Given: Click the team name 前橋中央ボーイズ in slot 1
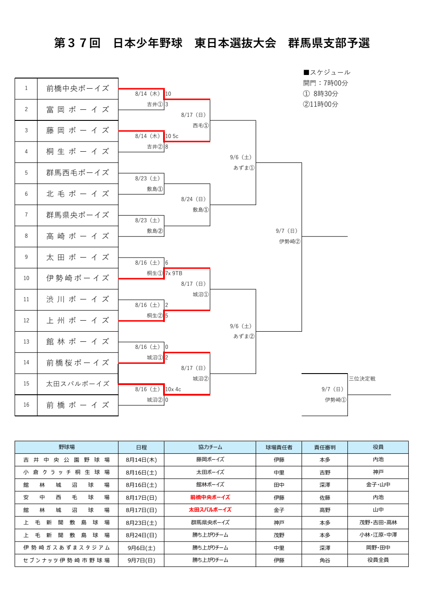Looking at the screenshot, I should (x=78, y=89).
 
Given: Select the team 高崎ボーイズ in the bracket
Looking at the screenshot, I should (x=78, y=236).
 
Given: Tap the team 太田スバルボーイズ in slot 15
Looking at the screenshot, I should (x=78, y=384).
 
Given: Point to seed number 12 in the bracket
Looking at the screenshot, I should (x=26, y=321).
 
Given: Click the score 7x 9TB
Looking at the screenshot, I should (x=174, y=273).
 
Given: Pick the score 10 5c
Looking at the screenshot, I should (x=172, y=136).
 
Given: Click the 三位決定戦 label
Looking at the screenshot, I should (x=362, y=379).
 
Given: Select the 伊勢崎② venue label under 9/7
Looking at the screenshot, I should (x=290, y=242).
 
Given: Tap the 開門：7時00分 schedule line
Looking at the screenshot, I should (x=325, y=83).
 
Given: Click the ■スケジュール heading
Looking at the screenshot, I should (x=327, y=72).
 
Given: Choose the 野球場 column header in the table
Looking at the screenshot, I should (x=67, y=447).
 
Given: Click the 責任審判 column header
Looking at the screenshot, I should (x=325, y=447).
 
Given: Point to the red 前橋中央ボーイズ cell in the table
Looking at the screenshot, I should (x=210, y=498).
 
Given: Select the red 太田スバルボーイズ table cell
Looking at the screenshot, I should (x=210, y=510).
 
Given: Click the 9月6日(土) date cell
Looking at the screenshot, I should (x=141, y=548).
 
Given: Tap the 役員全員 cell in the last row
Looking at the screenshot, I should (x=378, y=560).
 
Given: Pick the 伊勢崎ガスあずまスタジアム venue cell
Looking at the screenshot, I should (x=67, y=548).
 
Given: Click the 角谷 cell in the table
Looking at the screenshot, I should (x=325, y=560).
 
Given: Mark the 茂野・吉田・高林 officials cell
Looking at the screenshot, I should (x=378, y=523).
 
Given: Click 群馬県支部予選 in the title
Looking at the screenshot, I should (x=329, y=43).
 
